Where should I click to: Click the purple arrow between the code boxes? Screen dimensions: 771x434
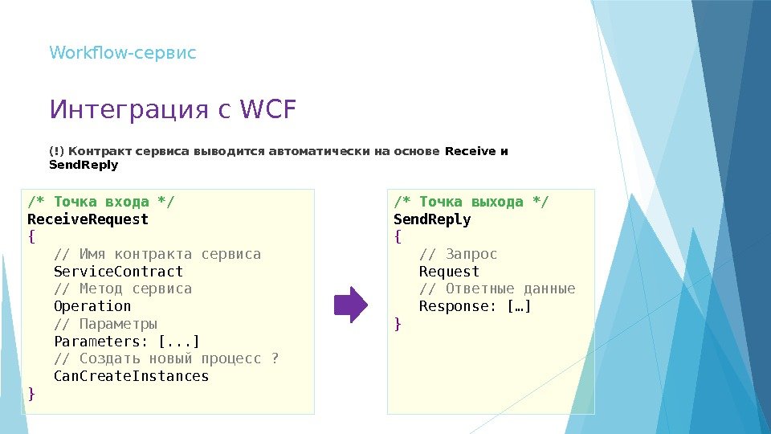click(350, 305)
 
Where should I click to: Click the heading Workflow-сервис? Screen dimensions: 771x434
click(123, 53)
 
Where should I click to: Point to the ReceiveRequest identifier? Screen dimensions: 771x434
click(88, 219)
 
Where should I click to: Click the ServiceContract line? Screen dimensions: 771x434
click(118, 272)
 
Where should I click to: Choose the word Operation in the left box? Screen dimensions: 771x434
click(92, 306)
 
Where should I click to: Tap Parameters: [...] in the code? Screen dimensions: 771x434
click(126, 341)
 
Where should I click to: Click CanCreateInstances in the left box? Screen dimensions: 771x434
click(131, 376)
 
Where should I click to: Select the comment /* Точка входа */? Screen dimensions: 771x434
click(100, 201)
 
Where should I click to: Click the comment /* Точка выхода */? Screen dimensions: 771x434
click(471, 201)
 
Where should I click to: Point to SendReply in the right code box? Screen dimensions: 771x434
click(432, 219)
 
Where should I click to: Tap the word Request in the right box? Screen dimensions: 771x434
click(449, 272)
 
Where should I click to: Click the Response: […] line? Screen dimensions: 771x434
click(475, 306)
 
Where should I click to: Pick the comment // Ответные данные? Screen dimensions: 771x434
click(497, 289)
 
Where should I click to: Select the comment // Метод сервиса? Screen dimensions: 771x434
click(122, 289)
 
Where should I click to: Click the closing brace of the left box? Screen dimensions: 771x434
click(31, 394)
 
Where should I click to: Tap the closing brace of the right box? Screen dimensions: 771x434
click(397, 324)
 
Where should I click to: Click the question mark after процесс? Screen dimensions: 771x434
click(275, 358)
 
